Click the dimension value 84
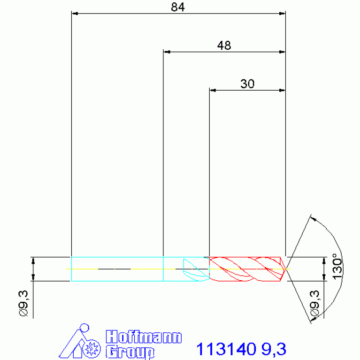coord(178,7)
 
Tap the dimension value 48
coord(224,46)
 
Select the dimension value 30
coord(247,84)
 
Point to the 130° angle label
coord(337,267)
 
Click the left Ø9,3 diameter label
coord(23,303)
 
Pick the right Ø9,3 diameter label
coord(314,304)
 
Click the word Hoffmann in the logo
coord(144,337)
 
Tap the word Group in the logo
coord(130,352)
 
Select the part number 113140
coord(226,349)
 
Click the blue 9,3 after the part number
coord(274,349)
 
